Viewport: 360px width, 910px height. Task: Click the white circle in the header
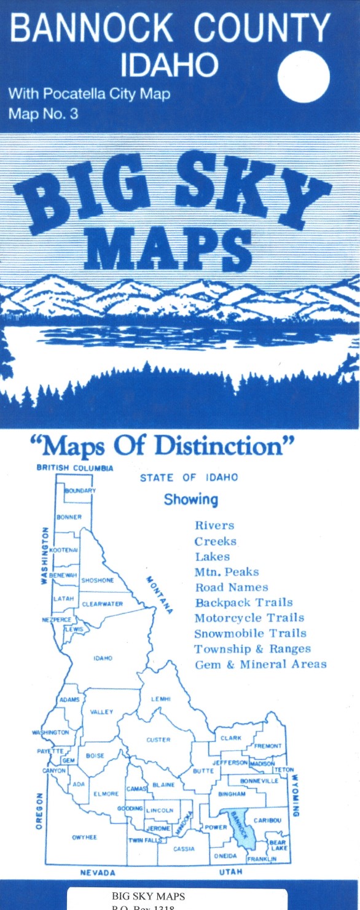coord(303,77)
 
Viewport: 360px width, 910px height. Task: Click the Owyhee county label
coord(84,838)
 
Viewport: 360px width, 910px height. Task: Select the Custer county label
coord(158,740)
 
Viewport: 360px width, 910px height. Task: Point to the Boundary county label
coord(80,491)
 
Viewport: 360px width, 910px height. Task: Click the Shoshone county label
coord(98,580)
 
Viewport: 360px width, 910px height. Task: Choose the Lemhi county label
coord(160,699)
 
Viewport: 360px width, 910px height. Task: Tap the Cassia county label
coord(184,849)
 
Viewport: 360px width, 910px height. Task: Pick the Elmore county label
coord(106,794)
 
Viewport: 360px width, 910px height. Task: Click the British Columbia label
coord(75,468)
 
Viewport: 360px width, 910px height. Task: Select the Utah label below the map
coord(230,872)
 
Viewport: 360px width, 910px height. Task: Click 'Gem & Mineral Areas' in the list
coord(260,664)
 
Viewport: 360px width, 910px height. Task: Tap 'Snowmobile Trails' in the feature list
coord(250,634)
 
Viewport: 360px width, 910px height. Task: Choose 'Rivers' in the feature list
coord(214,526)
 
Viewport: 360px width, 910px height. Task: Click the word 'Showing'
coord(190,500)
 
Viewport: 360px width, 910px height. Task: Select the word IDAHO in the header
coord(170,65)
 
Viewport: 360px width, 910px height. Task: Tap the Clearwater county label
coord(102,604)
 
